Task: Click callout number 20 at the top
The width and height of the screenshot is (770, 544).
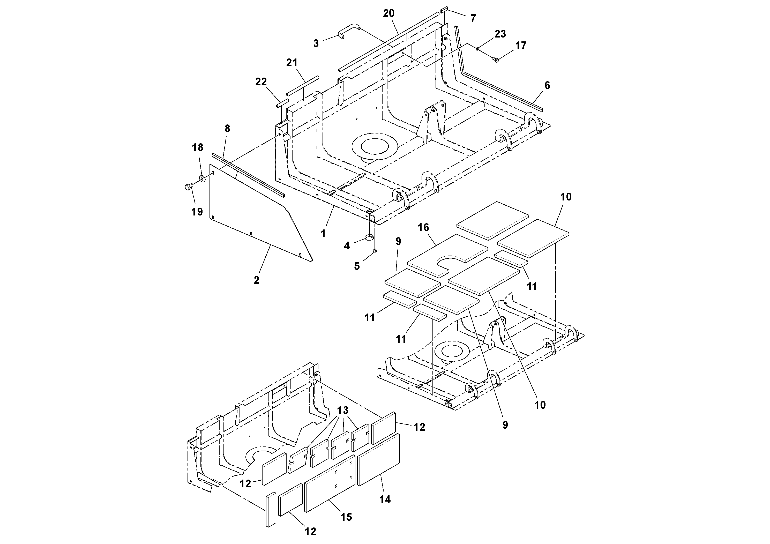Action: click(389, 14)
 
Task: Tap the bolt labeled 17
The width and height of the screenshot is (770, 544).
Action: click(495, 59)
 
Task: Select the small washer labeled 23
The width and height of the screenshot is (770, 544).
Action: click(477, 50)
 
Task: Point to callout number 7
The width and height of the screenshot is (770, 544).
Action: click(473, 18)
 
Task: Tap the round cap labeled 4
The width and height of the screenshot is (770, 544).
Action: click(369, 238)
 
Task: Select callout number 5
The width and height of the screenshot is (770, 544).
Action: click(357, 266)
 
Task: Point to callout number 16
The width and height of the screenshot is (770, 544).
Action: click(423, 227)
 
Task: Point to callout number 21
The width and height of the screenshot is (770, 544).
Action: click(292, 63)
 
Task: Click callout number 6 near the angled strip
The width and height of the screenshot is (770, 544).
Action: click(547, 86)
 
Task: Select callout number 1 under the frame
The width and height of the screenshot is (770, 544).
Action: click(323, 233)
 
